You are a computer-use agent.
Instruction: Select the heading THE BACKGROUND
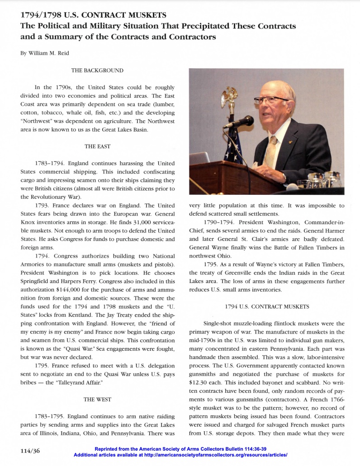(97, 71)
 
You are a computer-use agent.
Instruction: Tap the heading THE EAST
(97, 146)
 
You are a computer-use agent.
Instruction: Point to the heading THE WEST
(97, 400)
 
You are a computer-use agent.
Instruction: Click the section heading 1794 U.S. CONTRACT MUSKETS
(267, 307)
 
